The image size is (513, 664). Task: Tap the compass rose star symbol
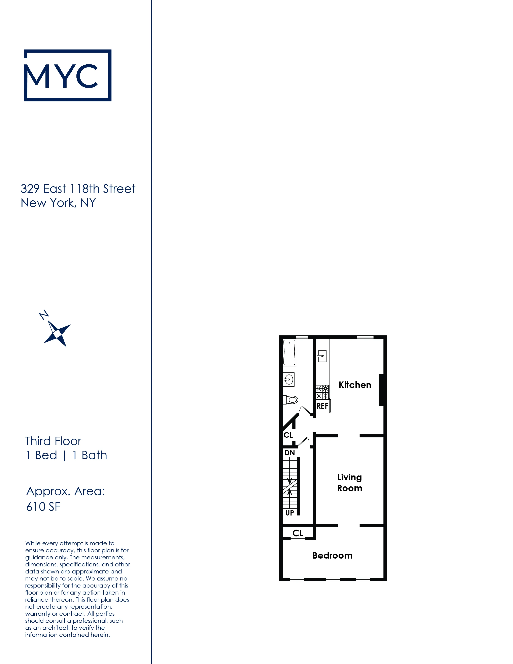[x=58, y=334]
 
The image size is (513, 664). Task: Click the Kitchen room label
[x=355, y=385]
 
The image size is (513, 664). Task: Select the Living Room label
[x=349, y=483]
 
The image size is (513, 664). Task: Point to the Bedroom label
[x=332, y=556]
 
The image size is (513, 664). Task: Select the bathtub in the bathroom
[x=289, y=353]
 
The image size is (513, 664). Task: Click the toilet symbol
[x=291, y=399]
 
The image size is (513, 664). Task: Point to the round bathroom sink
[x=288, y=379]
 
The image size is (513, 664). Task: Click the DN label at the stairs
[x=289, y=453]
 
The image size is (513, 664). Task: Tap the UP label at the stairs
[x=289, y=513]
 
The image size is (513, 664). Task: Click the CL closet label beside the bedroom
[x=298, y=533]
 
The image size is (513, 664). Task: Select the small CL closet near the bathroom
[x=288, y=435]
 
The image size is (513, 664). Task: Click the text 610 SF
[x=43, y=507]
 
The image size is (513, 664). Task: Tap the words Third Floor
[x=53, y=441]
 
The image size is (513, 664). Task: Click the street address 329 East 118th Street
[x=78, y=189]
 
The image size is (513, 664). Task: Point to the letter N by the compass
[x=44, y=315]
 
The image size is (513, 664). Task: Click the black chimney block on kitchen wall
[x=381, y=390]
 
